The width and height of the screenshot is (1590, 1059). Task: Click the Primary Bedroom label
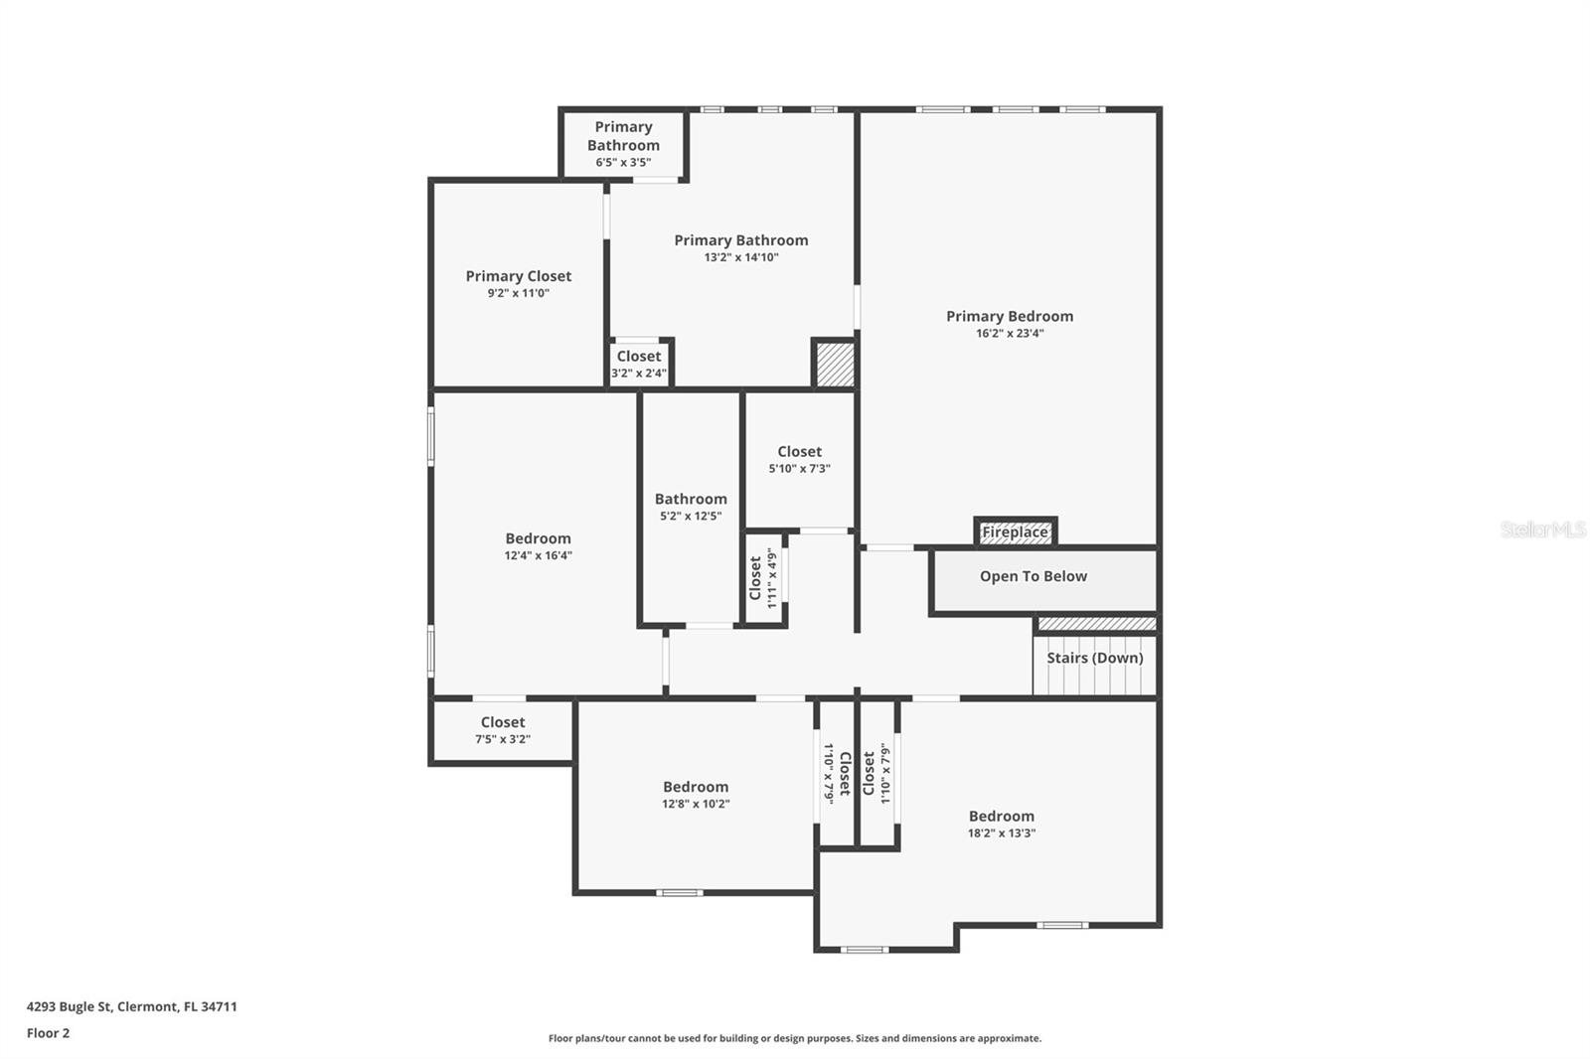click(1009, 316)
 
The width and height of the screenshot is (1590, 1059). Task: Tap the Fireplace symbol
click(1015, 532)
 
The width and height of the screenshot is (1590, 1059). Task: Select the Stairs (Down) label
click(1094, 658)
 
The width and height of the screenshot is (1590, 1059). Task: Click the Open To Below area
click(1033, 576)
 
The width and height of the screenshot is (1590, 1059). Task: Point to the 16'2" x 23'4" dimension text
click(1009, 334)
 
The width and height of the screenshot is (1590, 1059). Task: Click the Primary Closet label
click(518, 276)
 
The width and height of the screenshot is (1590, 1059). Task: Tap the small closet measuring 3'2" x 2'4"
click(639, 364)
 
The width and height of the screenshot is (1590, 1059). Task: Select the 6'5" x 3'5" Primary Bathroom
click(623, 144)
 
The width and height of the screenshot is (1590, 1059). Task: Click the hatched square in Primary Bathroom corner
click(835, 365)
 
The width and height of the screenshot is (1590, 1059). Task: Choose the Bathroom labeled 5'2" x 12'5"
click(691, 507)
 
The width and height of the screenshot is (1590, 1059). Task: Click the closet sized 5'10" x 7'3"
click(799, 459)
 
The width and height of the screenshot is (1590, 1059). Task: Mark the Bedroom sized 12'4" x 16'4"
click(538, 546)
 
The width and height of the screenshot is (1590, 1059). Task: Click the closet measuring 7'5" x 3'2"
click(503, 730)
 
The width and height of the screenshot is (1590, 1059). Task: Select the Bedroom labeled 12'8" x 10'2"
click(696, 795)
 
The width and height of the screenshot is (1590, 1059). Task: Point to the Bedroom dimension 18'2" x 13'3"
click(1002, 833)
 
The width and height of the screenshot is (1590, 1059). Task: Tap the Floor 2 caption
click(48, 1033)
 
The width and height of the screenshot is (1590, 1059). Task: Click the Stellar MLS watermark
click(1542, 529)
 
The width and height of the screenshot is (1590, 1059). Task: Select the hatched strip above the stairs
click(1097, 624)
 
